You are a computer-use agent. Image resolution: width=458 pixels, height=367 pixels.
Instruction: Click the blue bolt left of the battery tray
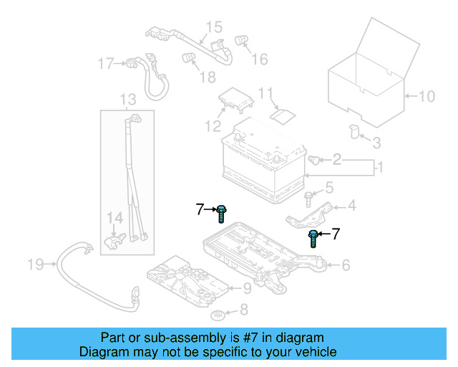click(x=222, y=211)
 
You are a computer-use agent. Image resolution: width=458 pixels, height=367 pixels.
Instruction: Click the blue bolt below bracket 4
click(x=313, y=237)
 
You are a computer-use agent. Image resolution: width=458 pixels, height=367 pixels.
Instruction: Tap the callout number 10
click(x=426, y=96)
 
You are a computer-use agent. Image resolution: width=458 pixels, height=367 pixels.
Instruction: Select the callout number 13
click(x=127, y=99)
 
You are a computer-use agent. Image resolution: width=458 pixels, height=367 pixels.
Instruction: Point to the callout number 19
click(x=36, y=264)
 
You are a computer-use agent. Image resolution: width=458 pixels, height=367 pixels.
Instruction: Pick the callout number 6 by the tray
click(x=346, y=266)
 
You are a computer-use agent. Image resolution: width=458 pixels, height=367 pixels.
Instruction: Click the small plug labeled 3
click(x=353, y=130)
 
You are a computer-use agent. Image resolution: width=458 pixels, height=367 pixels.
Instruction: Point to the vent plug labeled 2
click(x=313, y=160)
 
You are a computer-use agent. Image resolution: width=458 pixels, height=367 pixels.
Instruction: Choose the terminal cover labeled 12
click(x=235, y=99)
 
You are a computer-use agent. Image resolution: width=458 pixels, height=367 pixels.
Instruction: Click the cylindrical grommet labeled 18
click(x=189, y=57)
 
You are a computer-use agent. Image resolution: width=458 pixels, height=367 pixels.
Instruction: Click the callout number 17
click(x=106, y=65)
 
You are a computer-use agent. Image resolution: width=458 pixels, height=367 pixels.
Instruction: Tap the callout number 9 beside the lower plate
click(x=246, y=288)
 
